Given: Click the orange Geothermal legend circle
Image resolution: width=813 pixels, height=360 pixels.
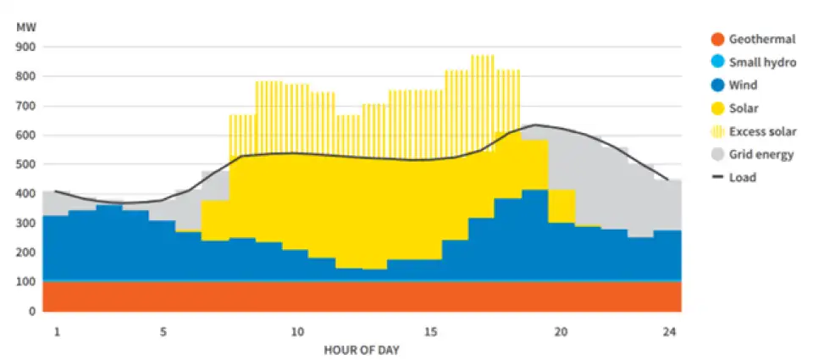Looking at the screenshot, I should tap(716, 39).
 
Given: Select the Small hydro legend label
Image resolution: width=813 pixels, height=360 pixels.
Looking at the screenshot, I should tap(762, 62).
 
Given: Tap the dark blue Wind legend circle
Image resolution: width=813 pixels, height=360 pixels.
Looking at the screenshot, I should tap(716, 85).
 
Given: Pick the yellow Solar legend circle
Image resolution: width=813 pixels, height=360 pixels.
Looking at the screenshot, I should tap(716, 108).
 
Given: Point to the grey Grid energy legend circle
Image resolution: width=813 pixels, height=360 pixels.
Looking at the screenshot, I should tap(716, 154).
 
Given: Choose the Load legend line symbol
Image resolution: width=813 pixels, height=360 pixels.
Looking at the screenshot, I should tap(716, 178).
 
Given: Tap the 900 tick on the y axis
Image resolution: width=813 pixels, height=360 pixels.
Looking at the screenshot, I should tap(26, 47).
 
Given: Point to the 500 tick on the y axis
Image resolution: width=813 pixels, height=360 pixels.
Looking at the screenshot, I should tap(26, 164).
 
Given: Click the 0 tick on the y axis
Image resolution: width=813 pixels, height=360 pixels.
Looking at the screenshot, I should tap(33, 311).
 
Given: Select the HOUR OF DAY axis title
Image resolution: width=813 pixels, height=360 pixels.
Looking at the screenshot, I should tap(362, 349).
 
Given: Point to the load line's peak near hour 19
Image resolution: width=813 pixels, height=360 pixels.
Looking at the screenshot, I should tap(535, 125).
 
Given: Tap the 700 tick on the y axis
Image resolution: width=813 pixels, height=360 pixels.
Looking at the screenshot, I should tap(26, 106).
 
